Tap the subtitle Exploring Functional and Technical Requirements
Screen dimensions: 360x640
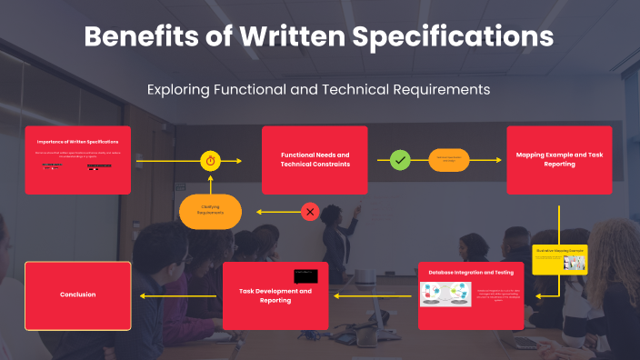(x=319, y=89)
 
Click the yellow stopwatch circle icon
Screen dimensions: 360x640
(x=211, y=161)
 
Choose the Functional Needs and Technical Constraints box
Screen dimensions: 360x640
(x=315, y=160)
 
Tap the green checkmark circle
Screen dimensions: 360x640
(x=400, y=160)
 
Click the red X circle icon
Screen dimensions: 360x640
(x=310, y=212)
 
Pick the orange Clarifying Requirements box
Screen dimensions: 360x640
(x=211, y=212)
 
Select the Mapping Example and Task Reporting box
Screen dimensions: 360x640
(x=559, y=160)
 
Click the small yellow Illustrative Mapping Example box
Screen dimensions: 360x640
(x=559, y=259)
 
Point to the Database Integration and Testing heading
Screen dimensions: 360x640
(x=471, y=272)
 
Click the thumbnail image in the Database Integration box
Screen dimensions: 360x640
(x=445, y=295)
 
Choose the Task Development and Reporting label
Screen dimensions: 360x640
(x=275, y=295)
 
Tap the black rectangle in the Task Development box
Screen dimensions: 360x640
(x=305, y=275)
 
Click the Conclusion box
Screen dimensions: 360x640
(x=78, y=295)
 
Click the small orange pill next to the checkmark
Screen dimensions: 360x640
(x=449, y=160)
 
